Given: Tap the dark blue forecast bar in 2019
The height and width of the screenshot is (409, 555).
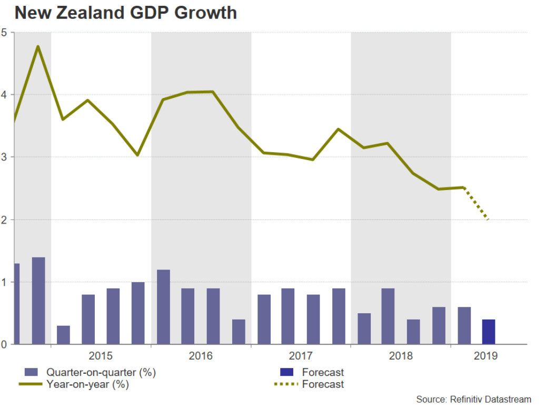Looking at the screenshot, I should point(488,332).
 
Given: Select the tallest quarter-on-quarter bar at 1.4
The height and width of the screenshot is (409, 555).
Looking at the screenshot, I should point(38,301).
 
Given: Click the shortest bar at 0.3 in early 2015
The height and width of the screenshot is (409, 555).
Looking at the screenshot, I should point(63,335).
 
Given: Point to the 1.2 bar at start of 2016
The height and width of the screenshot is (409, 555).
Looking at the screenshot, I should point(163,307).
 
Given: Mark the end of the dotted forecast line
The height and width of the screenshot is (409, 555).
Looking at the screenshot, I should point(489,220).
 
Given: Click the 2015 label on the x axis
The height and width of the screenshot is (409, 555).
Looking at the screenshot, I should point(100,356).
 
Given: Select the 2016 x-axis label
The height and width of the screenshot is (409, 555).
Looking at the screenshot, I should point(201,356).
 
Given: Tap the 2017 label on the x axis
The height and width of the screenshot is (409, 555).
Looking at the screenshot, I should point(301,356).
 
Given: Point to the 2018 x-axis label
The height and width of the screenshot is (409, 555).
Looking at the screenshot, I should point(401,356).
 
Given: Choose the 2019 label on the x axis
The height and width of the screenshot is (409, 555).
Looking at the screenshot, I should point(485,356).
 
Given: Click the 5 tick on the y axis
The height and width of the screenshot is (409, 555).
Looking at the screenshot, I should point(4,33).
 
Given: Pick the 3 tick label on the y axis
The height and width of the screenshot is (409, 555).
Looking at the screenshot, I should point(4,157).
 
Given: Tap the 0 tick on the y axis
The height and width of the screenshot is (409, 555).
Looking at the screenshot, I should point(4,345).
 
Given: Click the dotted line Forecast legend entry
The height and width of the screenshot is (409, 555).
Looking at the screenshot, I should point(323,385).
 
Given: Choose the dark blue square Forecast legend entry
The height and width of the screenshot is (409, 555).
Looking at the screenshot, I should point(323,373).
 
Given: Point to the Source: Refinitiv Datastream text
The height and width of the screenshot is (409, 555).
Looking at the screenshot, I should point(473,400).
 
